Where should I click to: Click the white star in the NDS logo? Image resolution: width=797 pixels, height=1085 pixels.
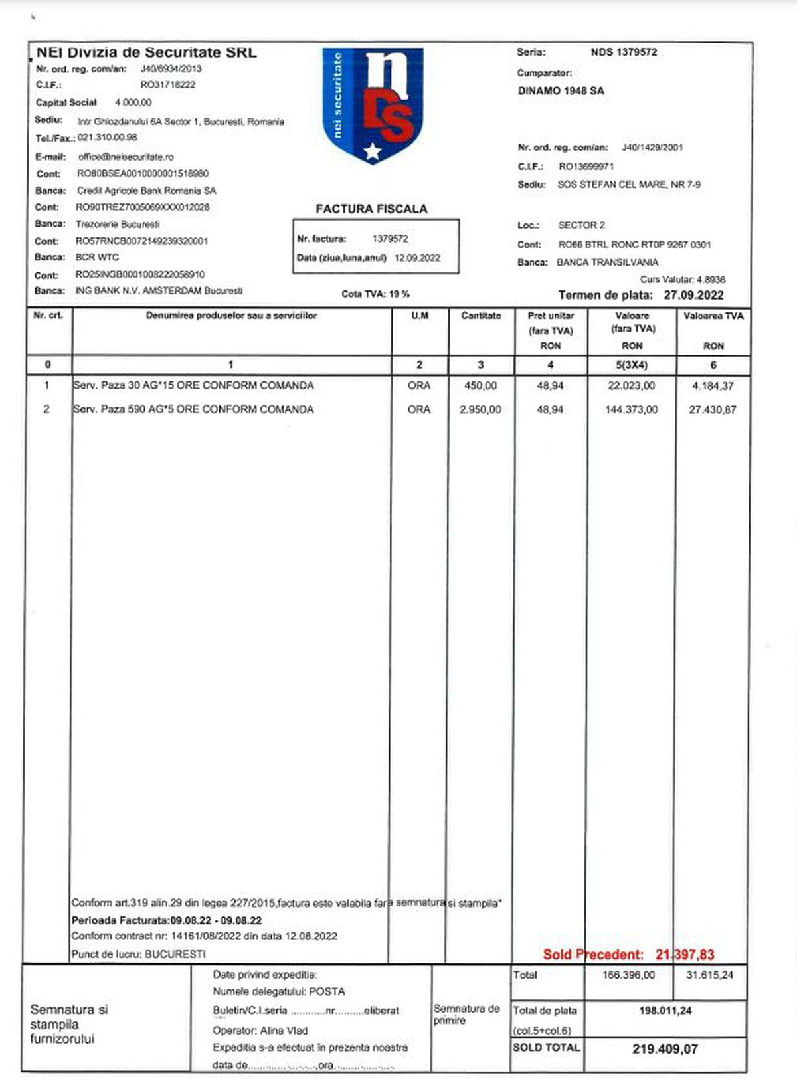(x=373, y=151)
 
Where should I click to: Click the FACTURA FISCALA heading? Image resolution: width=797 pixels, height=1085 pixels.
(x=371, y=209)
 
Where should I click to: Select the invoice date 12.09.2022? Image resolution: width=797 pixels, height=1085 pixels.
(x=417, y=258)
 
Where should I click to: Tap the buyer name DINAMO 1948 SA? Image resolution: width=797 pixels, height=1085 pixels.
(x=561, y=91)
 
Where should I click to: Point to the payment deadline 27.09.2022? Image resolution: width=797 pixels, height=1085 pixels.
(x=693, y=295)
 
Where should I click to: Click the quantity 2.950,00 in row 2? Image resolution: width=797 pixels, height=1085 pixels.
(x=480, y=410)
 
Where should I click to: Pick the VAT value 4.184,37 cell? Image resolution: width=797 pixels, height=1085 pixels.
(x=713, y=386)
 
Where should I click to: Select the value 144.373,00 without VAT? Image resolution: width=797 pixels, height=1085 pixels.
(x=631, y=410)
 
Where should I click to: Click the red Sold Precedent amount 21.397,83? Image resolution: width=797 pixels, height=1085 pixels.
(x=685, y=955)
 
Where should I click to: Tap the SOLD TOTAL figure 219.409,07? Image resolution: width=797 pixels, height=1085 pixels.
(x=665, y=1049)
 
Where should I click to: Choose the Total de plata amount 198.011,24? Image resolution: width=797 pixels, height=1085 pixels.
(x=665, y=1011)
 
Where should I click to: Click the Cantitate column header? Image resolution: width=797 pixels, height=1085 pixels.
(x=481, y=316)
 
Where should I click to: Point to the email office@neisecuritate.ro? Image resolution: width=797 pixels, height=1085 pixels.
(x=126, y=157)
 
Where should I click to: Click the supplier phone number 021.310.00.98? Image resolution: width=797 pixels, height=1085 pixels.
(x=108, y=138)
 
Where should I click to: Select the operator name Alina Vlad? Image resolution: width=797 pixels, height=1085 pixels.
(x=284, y=1031)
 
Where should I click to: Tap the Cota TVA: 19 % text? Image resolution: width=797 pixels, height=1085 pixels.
(x=375, y=294)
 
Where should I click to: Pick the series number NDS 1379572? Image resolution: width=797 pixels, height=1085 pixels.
(x=624, y=52)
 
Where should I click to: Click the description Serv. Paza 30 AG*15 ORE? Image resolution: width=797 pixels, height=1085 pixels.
(x=193, y=386)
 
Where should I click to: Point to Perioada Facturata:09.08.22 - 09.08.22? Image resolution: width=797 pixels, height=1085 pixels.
(x=167, y=920)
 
